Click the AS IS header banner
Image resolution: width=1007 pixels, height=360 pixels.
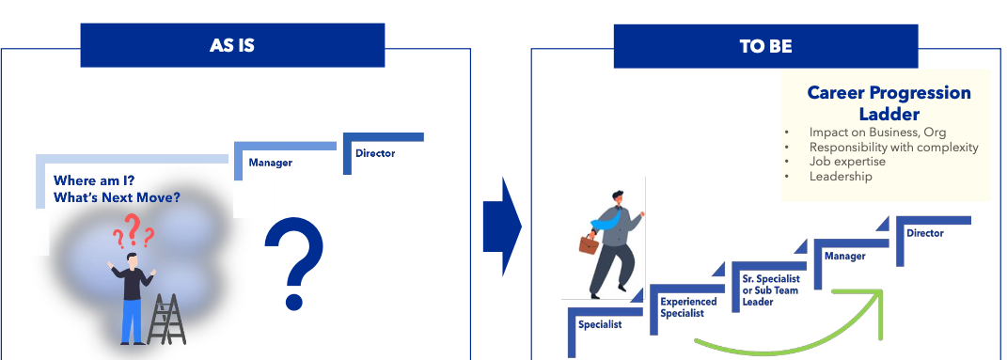[x=232, y=45]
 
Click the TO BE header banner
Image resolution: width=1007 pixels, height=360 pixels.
[x=765, y=45]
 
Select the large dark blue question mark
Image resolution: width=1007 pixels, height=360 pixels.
[x=293, y=263]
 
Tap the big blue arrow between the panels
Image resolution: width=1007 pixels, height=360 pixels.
[x=502, y=227]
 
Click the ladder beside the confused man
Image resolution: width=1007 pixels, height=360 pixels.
[x=165, y=320]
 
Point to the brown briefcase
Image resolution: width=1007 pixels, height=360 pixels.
[x=588, y=245]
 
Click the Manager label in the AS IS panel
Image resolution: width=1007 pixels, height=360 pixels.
[x=270, y=163]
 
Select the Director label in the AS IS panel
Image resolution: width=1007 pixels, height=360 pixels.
[x=375, y=153]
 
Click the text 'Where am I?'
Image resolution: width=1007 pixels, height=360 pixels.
[x=94, y=180]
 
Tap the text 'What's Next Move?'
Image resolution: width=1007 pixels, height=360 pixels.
[x=117, y=197]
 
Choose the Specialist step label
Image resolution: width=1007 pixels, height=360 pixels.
[x=601, y=324]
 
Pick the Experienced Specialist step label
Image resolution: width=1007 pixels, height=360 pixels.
[x=688, y=307]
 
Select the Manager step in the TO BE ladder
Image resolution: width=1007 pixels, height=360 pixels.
[x=844, y=256]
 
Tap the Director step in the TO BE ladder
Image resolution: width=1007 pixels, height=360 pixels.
[x=925, y=233]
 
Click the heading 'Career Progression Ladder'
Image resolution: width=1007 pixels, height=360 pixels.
[x=889, y=102]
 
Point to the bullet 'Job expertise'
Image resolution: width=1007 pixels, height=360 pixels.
[x=847, y=162]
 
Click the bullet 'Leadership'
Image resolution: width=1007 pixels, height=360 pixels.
[x=841, y=176]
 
